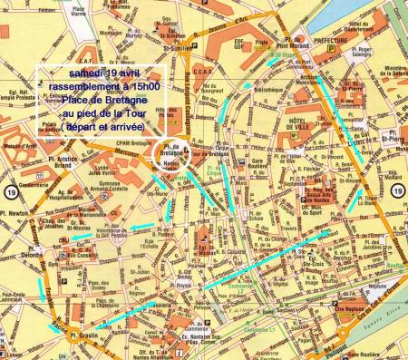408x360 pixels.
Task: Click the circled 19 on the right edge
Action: coord(398,189)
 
